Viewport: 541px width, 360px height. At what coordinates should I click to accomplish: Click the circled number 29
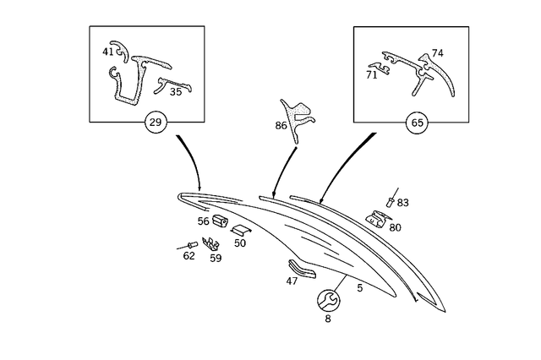155,123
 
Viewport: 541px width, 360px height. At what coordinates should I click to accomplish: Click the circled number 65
417,123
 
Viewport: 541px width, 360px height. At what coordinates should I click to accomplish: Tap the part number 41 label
108,52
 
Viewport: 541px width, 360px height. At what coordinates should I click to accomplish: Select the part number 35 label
175,91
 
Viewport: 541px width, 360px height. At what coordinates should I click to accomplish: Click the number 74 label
437,53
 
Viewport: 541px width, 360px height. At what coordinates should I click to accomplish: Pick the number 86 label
281,126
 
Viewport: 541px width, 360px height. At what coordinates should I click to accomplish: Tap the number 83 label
402,203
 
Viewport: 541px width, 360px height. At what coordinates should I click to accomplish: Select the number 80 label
395,227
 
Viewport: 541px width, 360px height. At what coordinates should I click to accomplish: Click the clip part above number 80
376,217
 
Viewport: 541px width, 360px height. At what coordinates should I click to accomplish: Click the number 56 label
204,221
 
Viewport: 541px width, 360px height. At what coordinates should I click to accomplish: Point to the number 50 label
240,243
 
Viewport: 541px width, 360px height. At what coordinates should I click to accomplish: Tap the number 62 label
189,256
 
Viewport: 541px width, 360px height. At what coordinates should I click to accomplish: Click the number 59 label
216,259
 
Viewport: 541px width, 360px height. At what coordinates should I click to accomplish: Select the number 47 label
292,281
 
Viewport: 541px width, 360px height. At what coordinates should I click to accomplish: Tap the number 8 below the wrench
328,319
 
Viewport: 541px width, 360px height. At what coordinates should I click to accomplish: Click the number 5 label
359,288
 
